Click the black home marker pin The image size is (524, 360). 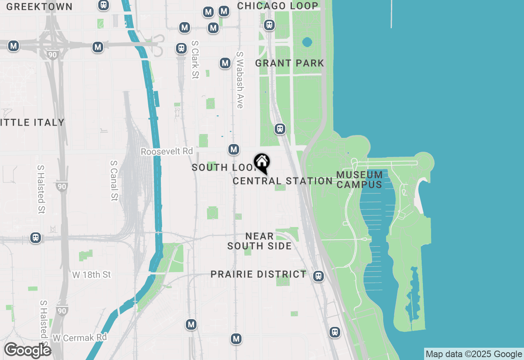262,163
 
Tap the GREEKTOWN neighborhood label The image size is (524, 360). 39,7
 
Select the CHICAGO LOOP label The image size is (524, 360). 278,6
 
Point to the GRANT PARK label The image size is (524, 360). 289,63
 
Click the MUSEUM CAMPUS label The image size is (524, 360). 359,180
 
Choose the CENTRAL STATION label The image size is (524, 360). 282,181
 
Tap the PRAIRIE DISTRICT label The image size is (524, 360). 258,274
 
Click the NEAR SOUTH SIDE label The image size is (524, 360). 260,241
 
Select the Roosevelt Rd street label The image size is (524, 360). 167,151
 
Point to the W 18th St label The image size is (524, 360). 91,274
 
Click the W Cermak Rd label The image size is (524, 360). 79,337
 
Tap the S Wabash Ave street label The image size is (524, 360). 240,80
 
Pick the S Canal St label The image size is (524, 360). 114,180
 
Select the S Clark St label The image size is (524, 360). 195,60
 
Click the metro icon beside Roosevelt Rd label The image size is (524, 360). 234,149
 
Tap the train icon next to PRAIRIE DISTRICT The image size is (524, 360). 318,276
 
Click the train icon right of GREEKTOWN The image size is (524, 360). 104,5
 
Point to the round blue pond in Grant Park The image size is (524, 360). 307,42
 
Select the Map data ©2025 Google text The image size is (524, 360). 474,354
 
